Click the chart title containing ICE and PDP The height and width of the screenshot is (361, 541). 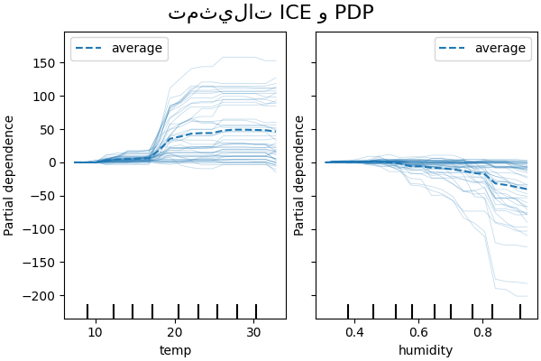(270, 13)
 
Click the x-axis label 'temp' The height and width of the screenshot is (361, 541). (175, 350)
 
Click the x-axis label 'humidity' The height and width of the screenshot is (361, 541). (426, 350)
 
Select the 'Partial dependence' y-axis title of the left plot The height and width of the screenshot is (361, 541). (10, 175)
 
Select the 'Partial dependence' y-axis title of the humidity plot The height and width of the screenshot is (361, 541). (299, 175)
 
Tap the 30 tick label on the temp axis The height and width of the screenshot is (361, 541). (254, 332)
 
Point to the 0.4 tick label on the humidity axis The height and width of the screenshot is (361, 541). (353, 332)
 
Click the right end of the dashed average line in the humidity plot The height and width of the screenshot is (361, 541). (527, 189)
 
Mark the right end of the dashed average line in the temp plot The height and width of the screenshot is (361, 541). (276, 131)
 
